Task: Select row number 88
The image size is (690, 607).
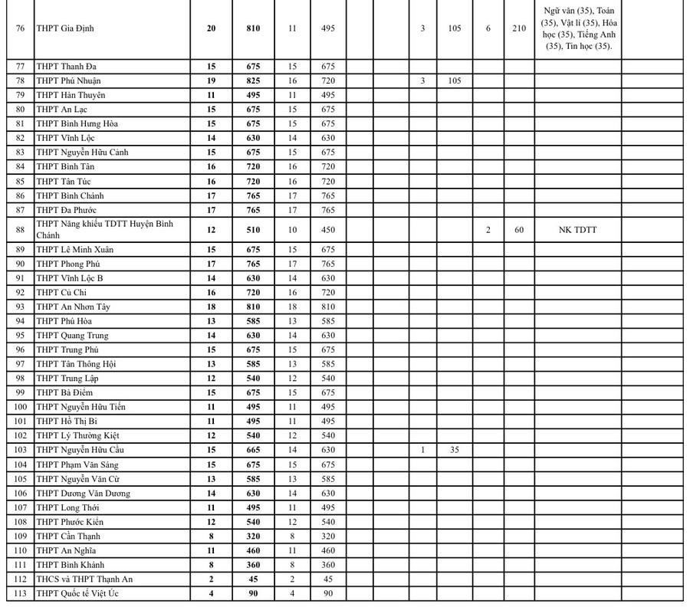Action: click(x=20, y=229)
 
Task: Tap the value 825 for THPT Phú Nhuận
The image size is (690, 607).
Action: click(x=253, y=80)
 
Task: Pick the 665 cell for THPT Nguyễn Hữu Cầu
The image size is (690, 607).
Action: click(x=253, y=450)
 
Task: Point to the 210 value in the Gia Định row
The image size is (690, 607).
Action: click(x=519, y=28)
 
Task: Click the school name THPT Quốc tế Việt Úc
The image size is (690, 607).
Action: click(x=77, y=593)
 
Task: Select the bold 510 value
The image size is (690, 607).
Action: click(x=253, y=229)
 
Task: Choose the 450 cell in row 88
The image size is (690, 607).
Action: click(x=327, y=229)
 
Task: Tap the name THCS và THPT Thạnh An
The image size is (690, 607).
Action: click(x=84, y=579)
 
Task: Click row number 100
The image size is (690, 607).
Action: click(x=20, y=407)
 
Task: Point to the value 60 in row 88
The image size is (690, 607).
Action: click(x=519, y=229)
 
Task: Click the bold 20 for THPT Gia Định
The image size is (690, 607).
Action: click(x=212, y=28)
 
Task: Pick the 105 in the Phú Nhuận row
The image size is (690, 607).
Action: click(x=454, y=80)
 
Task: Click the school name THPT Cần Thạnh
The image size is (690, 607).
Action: click(x=68, y=536)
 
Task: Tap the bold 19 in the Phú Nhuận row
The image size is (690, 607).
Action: click(x=212, y=80)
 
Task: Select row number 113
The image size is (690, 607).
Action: click(x=20, y=593)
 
